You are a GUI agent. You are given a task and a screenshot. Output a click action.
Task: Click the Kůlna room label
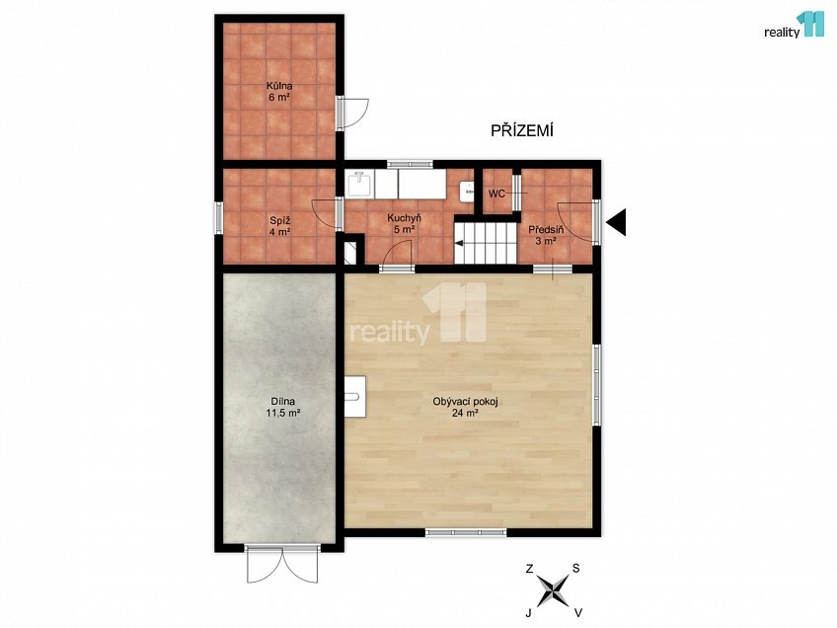pyautogui.click(x=279, y=91)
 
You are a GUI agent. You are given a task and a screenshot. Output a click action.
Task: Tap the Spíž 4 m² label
pyautogui.click(x=279, y=226)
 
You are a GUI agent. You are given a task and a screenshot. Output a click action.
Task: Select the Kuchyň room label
pyautogui.click(x=404, y=223)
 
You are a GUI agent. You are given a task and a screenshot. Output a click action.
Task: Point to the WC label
pyautogui.click(x=496, y=194)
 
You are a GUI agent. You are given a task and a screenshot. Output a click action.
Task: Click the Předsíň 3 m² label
pyautogui.click(x=546, y=235)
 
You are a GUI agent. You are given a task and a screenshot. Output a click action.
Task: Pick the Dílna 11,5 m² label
pyautogui.click(x=283, y=407)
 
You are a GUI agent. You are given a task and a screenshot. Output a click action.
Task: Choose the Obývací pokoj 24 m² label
pyautogui.click(x=465, y=407)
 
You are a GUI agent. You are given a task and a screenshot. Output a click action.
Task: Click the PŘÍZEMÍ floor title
pyautogui.click(x=521, y=130)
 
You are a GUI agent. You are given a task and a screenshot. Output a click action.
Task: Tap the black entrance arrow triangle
pyautogui.click(x=618, y=221)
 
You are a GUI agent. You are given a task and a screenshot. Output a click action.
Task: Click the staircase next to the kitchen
pyautogui.click(x=486, y=244)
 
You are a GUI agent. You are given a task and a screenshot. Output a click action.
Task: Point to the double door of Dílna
pyautogui.click(x=282, y=564)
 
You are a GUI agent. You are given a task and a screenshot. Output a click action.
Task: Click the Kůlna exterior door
pyautogui.click(x=352, y=113)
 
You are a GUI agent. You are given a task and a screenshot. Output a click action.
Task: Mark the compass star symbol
pyautogui.click(x=553, y=590)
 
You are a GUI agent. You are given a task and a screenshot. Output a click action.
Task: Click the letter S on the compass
pyautogui.click(x=576, y=568)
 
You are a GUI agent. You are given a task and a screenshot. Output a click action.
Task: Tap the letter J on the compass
pyautogui.click(x=528, y=613)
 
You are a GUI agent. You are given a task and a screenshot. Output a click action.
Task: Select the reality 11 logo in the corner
pyautogui.click(x=795, y=26)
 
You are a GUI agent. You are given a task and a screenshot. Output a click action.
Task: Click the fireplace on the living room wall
pyautogui.click(x=355, y=396)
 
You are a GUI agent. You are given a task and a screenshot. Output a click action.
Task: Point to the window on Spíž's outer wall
pyautogui.click(x=218, y=217)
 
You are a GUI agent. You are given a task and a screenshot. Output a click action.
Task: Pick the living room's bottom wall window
pyautogui.click(x=466, y=532)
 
